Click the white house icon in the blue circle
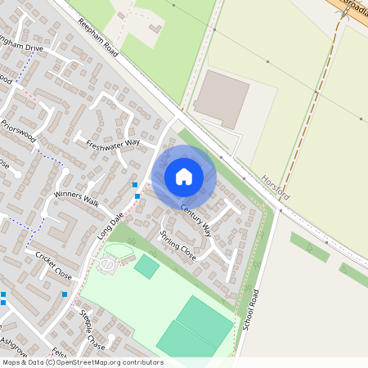click(184, 176)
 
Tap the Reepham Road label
click(99, 38)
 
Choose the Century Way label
click(196, 219)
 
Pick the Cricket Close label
click(53, 266)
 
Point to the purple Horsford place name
click(276, 187)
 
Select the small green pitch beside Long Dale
click(147, 266)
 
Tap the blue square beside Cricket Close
click(65, 294)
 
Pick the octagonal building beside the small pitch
click(107, 266)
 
